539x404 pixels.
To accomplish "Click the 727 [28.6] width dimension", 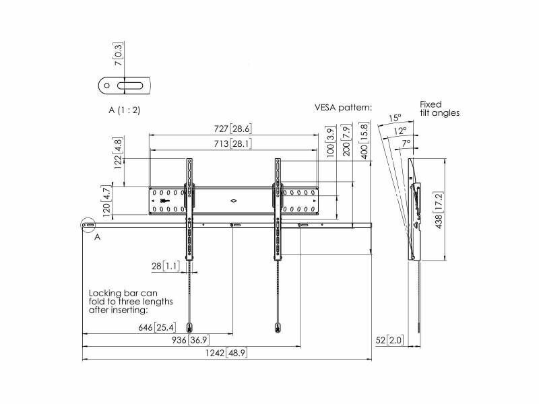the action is click(232, 129).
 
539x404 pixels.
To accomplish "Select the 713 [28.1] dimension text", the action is click(232, 143).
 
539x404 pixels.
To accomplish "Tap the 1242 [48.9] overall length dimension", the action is click(226, 353).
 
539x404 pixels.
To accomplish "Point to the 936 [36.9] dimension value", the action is click(191, 340).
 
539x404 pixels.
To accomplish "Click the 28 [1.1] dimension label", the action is click(166, 266).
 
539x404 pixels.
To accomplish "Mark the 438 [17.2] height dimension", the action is click(439, 210).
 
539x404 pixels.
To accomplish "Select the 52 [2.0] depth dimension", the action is click(389, 340).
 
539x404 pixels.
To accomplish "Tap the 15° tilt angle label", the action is click(395, 119).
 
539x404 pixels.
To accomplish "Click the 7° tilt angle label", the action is click(406, 143).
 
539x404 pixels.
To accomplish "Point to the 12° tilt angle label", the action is click(400, 131).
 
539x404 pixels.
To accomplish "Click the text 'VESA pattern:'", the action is click(344, 108).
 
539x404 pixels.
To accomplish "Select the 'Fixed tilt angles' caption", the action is click(440, 108).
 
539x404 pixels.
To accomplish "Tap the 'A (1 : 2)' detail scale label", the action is click(125, 110).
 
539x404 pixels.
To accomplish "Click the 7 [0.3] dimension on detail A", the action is click(119, 55).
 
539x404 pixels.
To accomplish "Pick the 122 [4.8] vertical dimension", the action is click(118, 153).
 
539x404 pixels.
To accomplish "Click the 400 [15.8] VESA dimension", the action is click(364, 141).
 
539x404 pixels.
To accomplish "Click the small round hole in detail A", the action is click(107, 86).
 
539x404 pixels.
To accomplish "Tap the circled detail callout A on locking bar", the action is click(88, 226).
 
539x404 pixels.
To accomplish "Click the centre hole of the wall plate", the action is click(234, 201).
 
